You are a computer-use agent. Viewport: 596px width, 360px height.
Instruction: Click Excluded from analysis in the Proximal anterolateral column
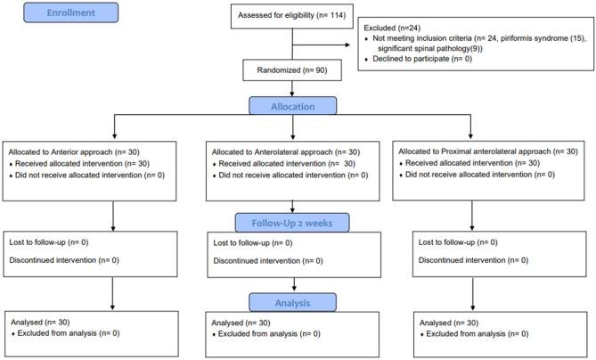pyautogui.click(x=478, y=333)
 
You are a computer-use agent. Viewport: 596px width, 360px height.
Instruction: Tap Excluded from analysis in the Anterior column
pyautogui.click(x=69, y=333)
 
